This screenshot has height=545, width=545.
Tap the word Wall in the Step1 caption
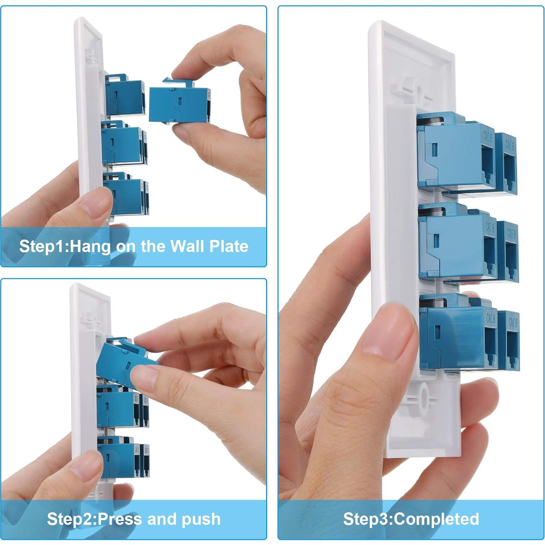(x=187, y=246)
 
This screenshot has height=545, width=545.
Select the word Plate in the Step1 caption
(x=229, y=246)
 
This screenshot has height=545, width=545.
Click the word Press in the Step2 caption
(x=120, y=519)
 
